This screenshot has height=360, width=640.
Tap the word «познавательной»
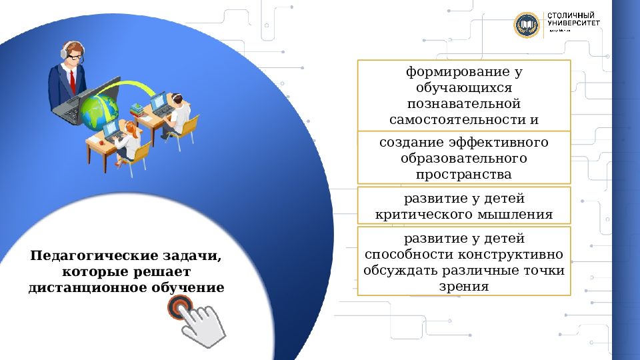click(463, 104)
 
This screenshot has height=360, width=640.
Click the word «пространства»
click(464, 175)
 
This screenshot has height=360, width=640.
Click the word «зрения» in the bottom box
click(464, 287)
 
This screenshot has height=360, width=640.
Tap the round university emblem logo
click(526, 25)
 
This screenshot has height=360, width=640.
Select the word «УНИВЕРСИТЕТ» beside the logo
click(574, 23)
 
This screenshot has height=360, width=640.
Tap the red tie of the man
click(72, 81)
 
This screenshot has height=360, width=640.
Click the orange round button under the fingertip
click(179, 307)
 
